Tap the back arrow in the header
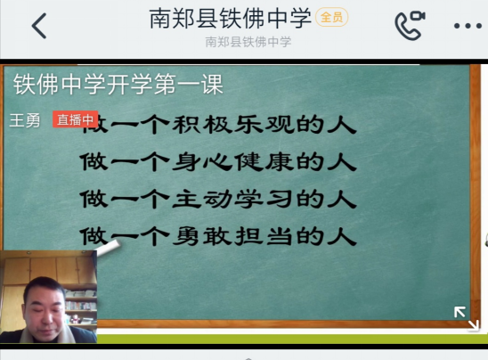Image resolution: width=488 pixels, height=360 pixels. pos(39,26)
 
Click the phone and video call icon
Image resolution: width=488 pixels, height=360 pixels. pos(410,25)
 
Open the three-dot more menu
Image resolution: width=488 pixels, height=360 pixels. pos(468,26)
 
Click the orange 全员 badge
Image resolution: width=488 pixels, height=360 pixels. pos(332,17)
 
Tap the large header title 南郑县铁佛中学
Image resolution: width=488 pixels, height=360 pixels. pos(231,18)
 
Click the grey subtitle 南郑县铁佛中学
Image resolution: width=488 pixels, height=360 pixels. pos(248,42)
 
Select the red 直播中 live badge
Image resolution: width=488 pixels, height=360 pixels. pos(76,119)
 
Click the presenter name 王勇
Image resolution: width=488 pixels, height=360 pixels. pos(25,120)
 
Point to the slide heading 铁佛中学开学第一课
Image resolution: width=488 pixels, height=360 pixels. pos(118,84)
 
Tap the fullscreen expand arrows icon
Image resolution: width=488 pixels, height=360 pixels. pos(466,317)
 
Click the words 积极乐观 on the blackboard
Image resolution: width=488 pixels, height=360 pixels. pos(232,124)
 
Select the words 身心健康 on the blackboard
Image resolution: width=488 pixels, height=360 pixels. pos(232,161)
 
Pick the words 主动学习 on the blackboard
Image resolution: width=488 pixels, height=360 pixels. pos(232,199)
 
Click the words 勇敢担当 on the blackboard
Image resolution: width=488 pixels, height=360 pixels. pos(232,236)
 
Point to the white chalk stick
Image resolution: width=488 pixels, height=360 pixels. pos(108,248)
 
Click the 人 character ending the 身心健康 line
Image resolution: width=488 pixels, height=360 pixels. pos(342,161)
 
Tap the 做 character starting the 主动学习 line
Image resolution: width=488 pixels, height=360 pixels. pos(94,199)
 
